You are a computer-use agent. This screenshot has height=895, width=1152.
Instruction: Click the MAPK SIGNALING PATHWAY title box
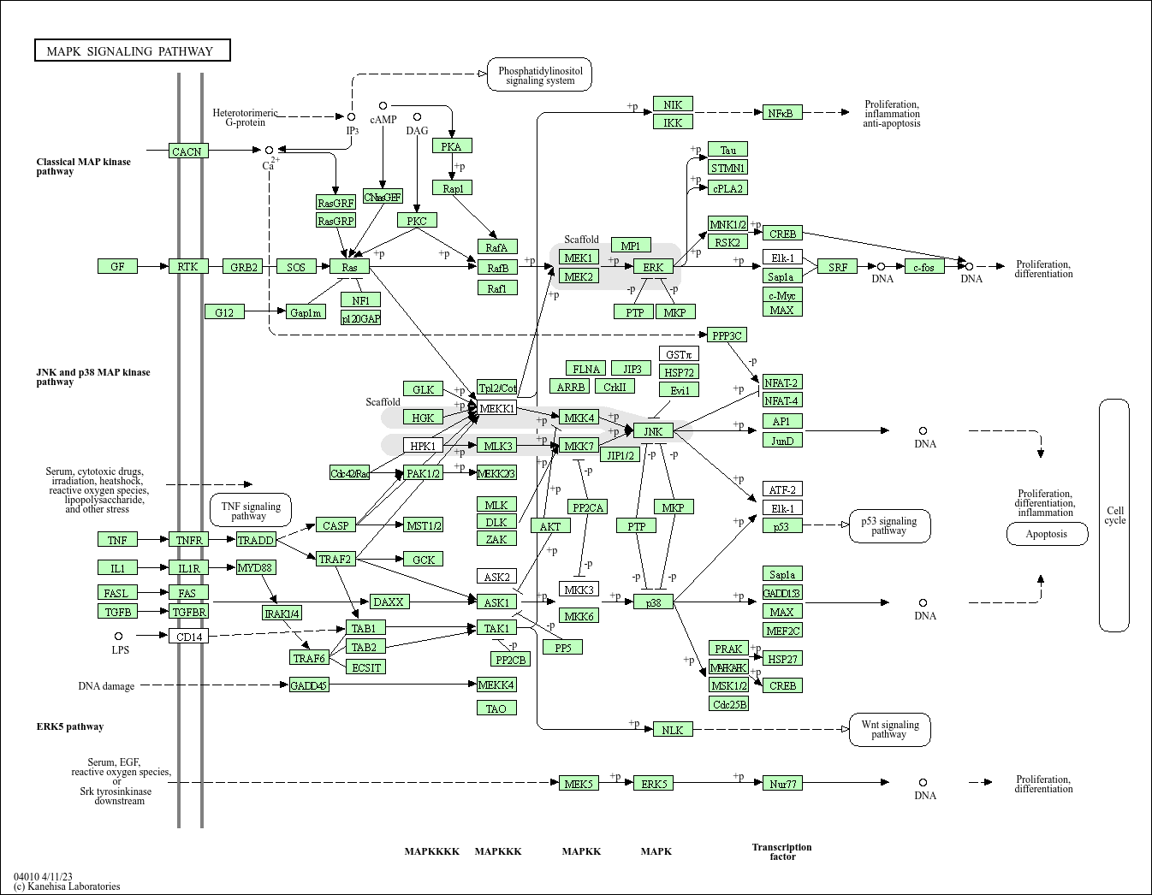(x=133, y=50)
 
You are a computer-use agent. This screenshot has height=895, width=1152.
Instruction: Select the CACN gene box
(x=187, y=151)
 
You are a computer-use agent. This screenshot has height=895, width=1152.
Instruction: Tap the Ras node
(x=349, y=267)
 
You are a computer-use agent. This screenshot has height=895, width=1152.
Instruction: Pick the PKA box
(x=452, y=146)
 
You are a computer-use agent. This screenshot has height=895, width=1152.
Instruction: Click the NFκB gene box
(x=781, y=113)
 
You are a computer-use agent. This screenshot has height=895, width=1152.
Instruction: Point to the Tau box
(x=727, y=150)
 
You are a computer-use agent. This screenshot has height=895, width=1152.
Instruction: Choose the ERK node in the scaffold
(x=653, y=267)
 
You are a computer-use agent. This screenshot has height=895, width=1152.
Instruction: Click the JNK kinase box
(x=653, y=431)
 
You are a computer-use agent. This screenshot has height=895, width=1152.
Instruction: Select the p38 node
(x=653, y=602)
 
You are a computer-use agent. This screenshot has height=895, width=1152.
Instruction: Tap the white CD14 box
(x=189, y=636)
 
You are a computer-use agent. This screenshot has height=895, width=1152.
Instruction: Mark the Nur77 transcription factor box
(x=782, y=783)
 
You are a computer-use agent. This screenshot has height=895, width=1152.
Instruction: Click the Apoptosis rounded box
(x=1047, y=534)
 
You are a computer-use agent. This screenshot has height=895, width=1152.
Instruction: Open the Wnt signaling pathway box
(x=889, y=729)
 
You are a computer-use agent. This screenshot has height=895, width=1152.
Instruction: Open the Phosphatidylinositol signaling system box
(x=539, y=75)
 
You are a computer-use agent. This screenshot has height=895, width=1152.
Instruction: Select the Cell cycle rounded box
(x=1114, y=515)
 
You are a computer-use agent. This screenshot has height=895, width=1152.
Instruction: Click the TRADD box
(x=255, y=540)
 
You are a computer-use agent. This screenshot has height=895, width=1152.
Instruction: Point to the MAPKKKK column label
(x=432, y=851)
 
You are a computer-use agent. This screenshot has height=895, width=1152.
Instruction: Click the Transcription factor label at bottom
(x=782, y=851)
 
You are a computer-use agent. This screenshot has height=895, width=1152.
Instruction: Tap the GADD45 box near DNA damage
(x=309, y=685)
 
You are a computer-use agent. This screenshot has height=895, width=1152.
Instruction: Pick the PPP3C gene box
(x=727, y=335)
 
